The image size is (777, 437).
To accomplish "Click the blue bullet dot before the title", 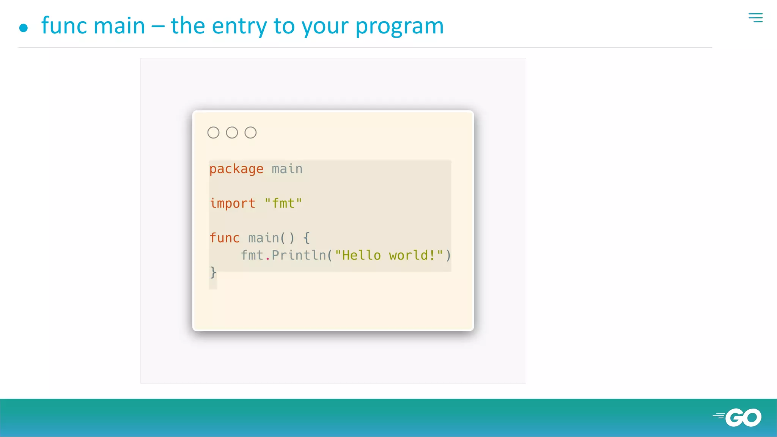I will coord(24,28).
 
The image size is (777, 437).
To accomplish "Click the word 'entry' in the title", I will coord(239,27).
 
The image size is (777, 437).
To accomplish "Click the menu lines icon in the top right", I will coord(755,17).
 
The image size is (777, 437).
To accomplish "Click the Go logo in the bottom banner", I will coord(738,417).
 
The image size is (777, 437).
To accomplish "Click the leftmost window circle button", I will coord(213,133).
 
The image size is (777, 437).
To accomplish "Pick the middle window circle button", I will coord(232,133).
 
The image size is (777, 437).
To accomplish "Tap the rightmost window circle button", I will coord(250,133).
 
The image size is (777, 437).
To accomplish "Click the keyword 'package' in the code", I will coord(236,169).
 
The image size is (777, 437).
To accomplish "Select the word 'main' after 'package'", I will coord(287,169).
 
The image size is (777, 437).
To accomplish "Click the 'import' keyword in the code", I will coord(233,203).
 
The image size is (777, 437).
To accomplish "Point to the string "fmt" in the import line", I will coord(283,203).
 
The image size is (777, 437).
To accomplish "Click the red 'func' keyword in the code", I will coord(225,238).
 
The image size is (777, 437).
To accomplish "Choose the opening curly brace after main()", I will coord(307,238).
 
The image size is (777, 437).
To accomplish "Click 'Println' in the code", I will coord(299,255).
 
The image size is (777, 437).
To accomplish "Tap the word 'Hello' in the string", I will coord(361,255).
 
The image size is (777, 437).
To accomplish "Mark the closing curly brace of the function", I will coord(213,272).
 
